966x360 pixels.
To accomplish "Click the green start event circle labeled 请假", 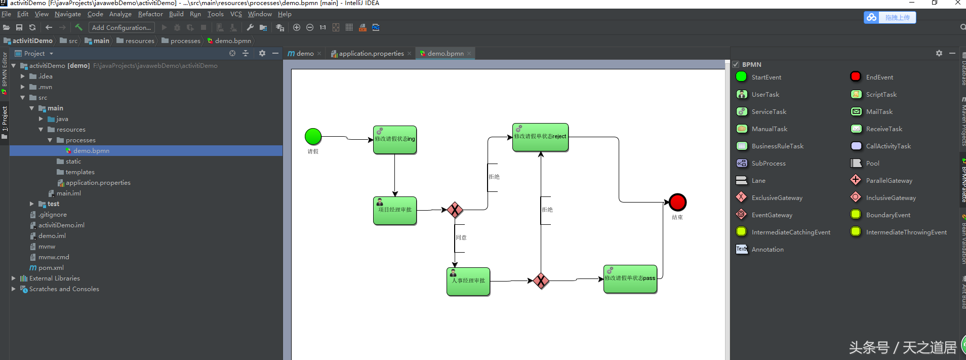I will click(x=313, y=136).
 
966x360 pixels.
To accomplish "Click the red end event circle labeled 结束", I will click(x=677, y=202).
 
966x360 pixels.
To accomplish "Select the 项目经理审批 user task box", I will click(x=395, y=211).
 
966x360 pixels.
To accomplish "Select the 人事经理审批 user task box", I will click(x=468, y=282).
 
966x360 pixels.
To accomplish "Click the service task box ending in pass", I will click(x=630, y=279).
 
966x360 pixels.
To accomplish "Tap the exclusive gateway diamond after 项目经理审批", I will click(x=455, y=210).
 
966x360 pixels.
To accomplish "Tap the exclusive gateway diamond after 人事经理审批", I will click(x=541, y=281).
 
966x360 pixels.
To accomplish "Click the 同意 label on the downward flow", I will click(x=461, y=237).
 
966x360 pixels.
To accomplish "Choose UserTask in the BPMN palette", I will click(x=765, y=95).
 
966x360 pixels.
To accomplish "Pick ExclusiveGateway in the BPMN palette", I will click(x=777, y=198).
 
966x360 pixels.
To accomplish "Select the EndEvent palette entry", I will click(x=879, y=77).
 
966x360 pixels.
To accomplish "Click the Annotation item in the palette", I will click(x=767, y=250).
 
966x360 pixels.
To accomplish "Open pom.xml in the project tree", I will click(x=51, y=268).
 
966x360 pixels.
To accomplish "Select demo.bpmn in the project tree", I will click(x=91, y=151).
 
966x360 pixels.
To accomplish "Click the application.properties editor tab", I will click(x=371, y=54).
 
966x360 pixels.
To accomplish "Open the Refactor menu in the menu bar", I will click(x=150, y=14).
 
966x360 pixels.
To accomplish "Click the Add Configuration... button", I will click(x=122, y=28).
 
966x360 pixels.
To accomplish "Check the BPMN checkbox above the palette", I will click(x=736, y=65).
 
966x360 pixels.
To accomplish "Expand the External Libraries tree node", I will click(x=14, y=278).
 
